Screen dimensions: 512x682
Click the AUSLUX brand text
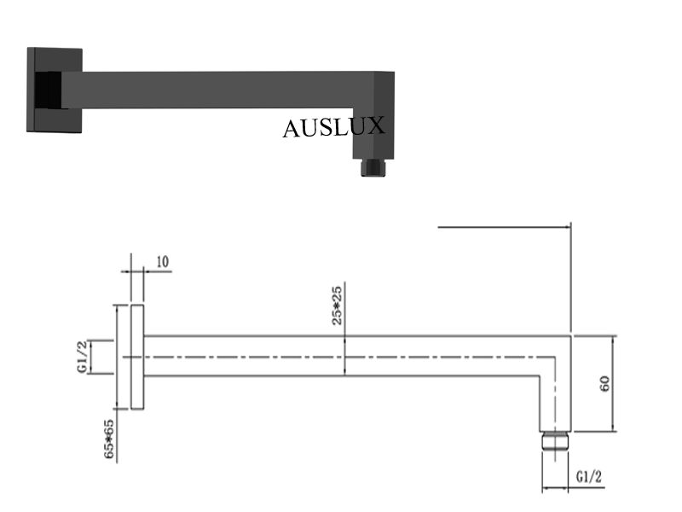(333, 127)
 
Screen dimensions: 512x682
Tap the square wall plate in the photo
(53, 90)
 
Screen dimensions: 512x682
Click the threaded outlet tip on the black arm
(373, 166)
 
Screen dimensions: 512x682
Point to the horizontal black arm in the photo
(213, 90)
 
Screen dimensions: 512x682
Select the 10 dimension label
(162, 262)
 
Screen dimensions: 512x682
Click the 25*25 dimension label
(338, 305)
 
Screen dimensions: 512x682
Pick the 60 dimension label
(604, 382)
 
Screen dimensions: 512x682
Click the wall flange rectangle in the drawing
(136, 356)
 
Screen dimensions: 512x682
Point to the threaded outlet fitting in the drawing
(555, 441)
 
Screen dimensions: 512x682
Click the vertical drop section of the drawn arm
(555, 393)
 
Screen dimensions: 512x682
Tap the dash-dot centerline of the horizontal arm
(341, 356)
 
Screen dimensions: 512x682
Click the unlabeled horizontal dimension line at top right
(503, 227)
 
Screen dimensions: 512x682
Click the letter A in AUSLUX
(292, 128)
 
